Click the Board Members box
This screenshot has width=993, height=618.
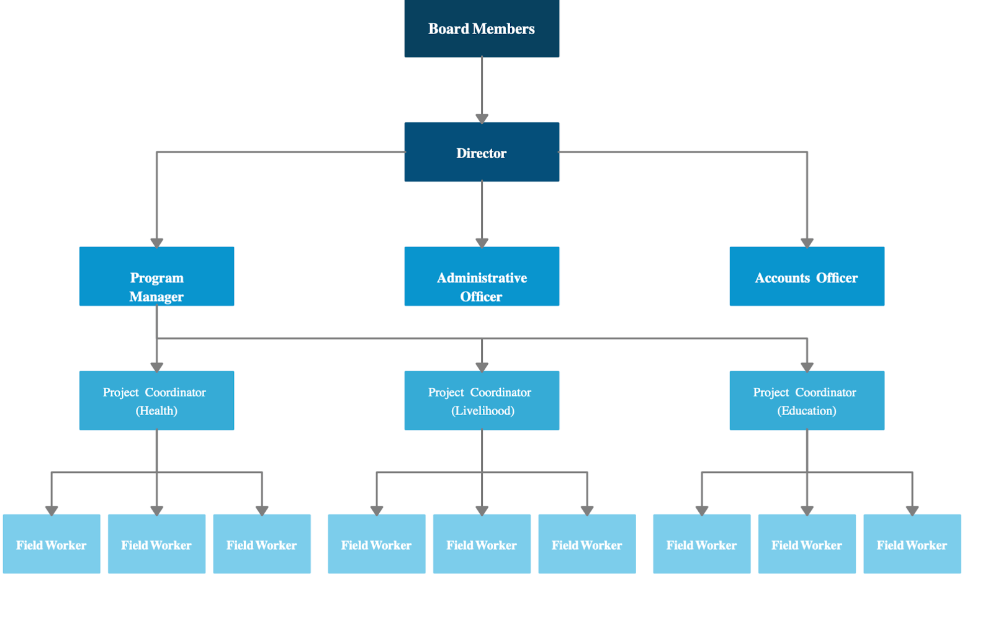[x=482, y=29]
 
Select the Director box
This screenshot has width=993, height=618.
[x=482, y=152]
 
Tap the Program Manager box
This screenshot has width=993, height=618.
[x=156, y=276]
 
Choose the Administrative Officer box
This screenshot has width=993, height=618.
[x=482, y=276]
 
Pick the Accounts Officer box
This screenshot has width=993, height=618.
[x=807, y=276]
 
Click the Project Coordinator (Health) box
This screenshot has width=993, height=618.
[x=156, y=400]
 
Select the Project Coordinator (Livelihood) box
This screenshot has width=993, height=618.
[x=482, y=400]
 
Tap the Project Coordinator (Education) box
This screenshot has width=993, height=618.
[x=807, y=400]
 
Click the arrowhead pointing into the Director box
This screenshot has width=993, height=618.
[x=482, y=119]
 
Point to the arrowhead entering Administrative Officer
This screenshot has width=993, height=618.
[x=482, y=243]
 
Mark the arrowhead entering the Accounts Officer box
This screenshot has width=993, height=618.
[x=807, y=243]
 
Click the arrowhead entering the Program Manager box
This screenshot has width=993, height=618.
[x=156, y=243]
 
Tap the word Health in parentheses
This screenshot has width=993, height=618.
[x=156, y=411]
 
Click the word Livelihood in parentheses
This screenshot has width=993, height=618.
[x=483, y=411]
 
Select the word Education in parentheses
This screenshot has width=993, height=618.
[x=807, y=411]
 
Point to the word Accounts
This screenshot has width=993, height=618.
[x=782, y=278]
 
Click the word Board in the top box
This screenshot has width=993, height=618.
[x=448, y=29]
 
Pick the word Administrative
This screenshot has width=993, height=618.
[x=482, y=278]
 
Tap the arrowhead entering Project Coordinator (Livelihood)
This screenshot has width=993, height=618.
[x=482, y=367]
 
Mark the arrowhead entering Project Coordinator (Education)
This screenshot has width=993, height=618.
[x=807, y=367]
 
